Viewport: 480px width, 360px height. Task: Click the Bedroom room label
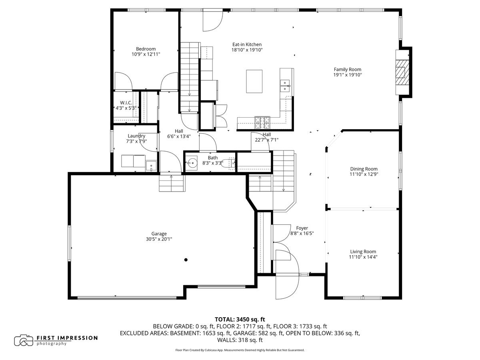click(x=146, y=49)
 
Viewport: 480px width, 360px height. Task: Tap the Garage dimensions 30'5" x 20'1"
click(x=159, y=239)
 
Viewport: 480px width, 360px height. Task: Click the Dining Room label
click(x=364, y=169)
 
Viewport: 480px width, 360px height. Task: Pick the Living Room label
click(x=363, y=252)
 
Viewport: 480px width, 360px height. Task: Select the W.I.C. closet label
click(x=126, y=103)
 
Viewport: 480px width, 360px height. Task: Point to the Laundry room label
click(x=136, y=136)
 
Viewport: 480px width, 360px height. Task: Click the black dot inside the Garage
click(x=186, y=260)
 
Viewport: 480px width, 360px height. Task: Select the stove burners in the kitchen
click(x=262, y=120)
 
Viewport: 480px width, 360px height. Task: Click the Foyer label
click(x=302, y=228)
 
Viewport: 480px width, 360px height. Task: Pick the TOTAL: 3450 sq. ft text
click(x=240, y=319)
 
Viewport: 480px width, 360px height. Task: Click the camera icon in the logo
click(x=24, y=340)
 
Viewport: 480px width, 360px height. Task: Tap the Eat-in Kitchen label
click(x=247, y=44)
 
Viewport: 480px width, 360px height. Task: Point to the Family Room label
click(x=348, y=69)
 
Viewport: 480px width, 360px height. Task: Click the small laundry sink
click(x=151, y=165)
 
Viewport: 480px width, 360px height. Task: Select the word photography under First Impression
click(x=52, y=344)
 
